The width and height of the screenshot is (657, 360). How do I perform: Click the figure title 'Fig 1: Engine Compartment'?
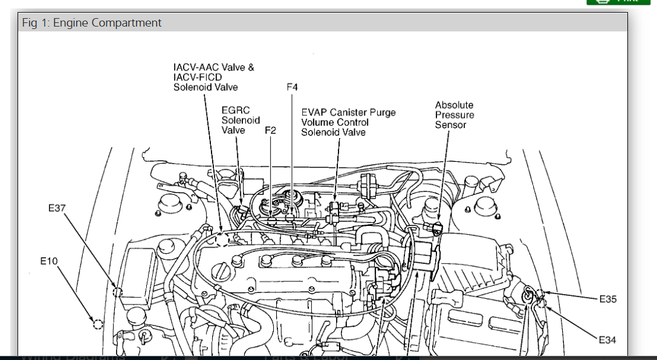pos(92,23)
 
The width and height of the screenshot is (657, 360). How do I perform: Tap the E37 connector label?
pos(57,208)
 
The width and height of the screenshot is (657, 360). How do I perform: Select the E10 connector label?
pos(49,261)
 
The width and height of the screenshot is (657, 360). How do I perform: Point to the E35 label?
pos(607,298)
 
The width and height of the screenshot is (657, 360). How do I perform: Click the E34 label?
pos(607,340)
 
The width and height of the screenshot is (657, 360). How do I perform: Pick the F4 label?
pos(292,88)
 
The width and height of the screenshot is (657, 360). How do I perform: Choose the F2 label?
pos(270,130)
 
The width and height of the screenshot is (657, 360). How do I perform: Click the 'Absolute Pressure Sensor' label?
pos(455,115)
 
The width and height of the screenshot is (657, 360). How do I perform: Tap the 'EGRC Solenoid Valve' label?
pos(241,120)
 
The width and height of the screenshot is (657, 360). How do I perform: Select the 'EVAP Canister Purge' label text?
pos(349,112)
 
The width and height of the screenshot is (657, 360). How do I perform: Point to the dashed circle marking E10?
pos(97,324)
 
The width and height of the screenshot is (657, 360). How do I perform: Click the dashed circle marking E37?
pos(117,292)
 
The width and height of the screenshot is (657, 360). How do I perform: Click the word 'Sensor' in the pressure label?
pos(451,125)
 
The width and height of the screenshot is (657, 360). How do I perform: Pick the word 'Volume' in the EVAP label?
pos(317,123)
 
